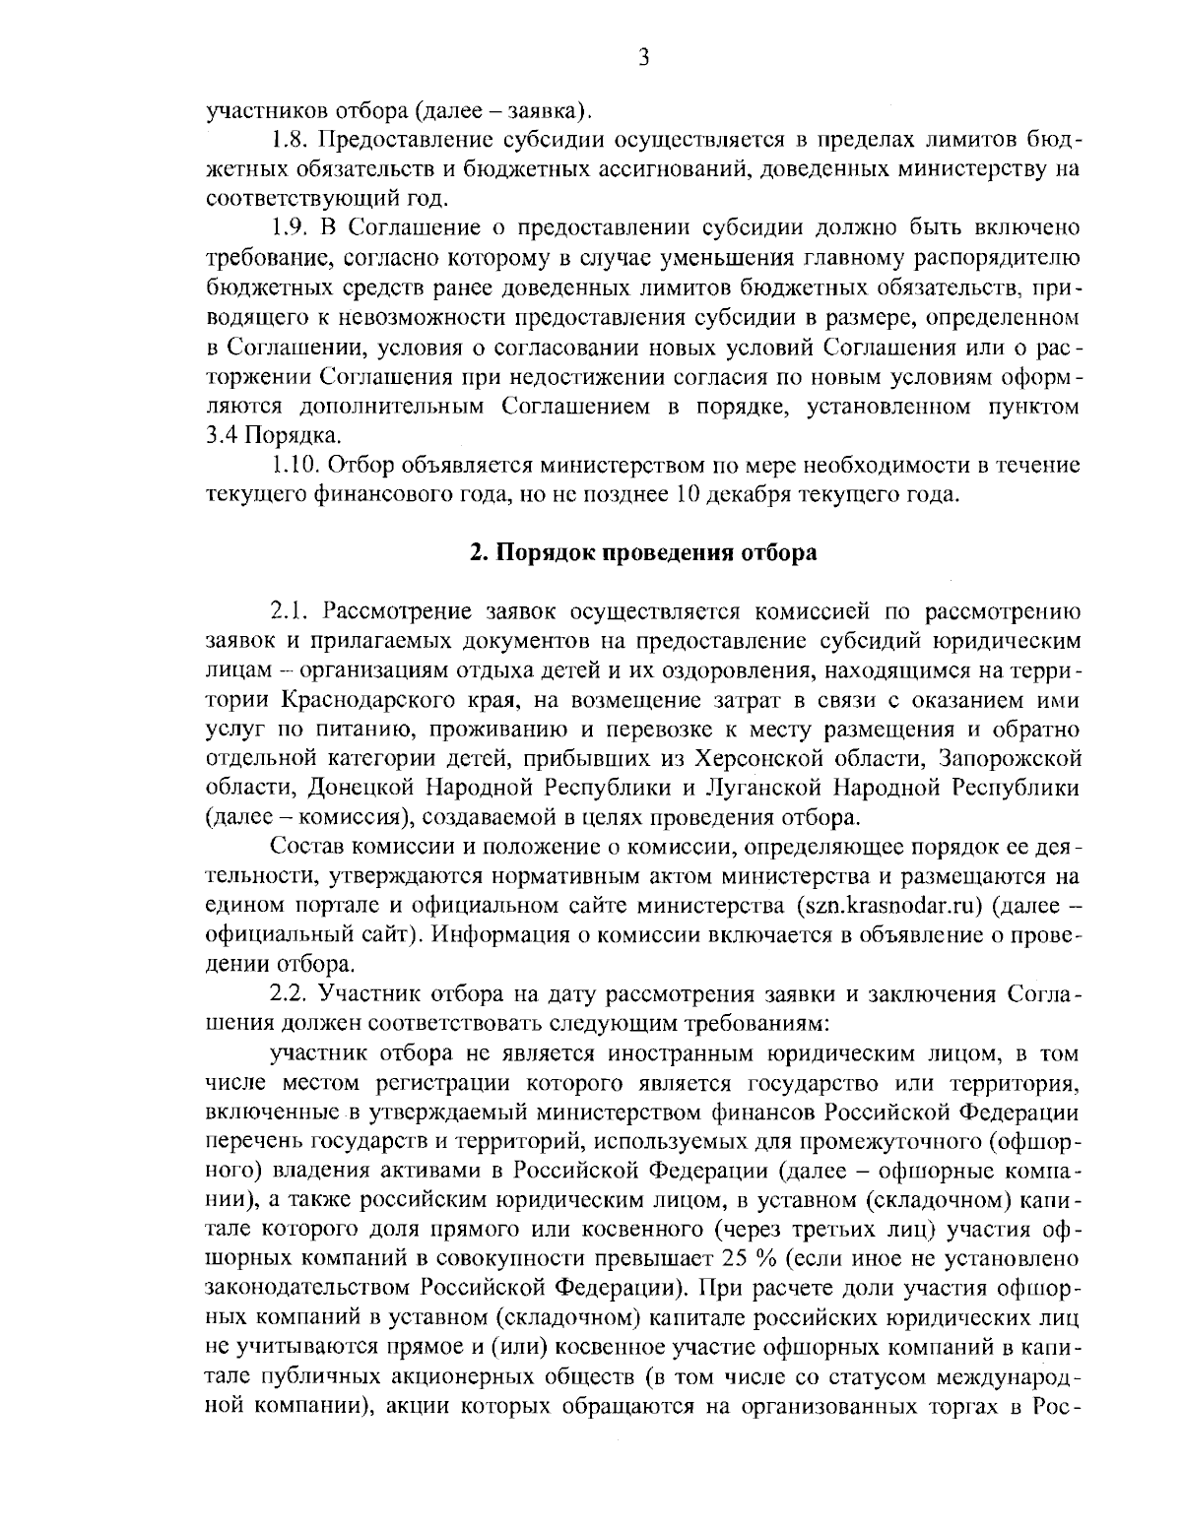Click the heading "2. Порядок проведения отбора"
[x=642, y=552]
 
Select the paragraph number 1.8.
[x=292, y=139]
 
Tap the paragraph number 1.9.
[x=292, y=229]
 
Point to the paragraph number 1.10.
[x=296, y=464]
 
